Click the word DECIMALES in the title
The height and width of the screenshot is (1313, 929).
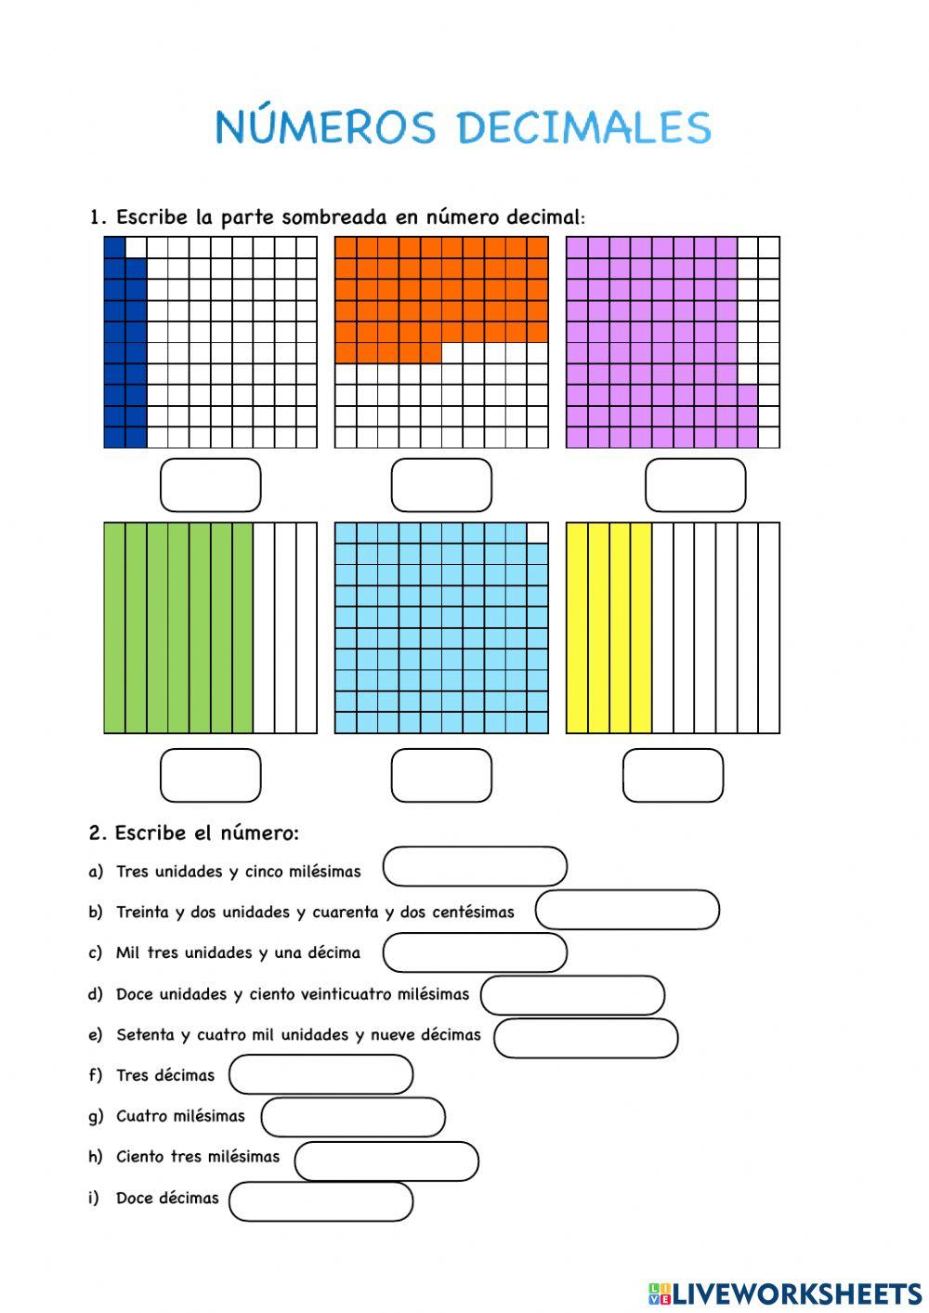(584, 128)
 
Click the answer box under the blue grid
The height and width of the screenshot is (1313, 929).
(211, 485)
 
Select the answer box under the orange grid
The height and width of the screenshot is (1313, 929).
(441, 485)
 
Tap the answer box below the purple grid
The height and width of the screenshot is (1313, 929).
(695, 485)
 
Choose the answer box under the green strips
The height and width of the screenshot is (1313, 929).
(211, 775)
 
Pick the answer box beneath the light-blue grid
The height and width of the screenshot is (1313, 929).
(441, 775)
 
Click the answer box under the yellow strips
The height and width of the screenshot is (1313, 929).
(673, 775)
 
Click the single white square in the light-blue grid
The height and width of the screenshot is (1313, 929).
(537, 532)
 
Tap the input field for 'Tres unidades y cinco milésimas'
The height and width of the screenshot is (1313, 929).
(475, 866)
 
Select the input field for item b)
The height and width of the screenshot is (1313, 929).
(627, 910)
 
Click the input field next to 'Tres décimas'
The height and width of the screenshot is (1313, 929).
(321, 1074)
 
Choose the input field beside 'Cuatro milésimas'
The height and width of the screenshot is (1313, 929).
(353, 1117)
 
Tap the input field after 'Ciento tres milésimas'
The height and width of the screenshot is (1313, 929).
(386, 1161)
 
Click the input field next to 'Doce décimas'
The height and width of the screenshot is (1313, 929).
(321, 1201)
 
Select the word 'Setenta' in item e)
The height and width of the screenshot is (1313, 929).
(145, 1034)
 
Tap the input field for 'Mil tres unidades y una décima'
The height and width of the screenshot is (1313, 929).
(475, 952)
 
